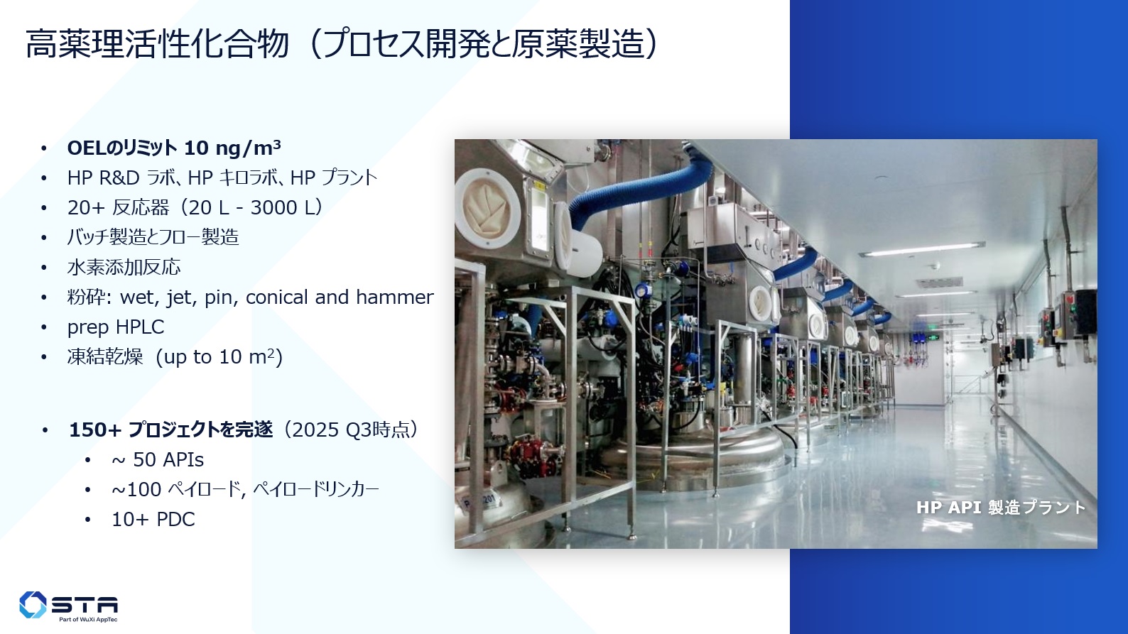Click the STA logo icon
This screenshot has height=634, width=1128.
click(33, 604)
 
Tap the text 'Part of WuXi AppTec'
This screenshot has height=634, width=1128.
click(88, 619)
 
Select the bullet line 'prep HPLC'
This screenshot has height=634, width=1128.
click(116, 327)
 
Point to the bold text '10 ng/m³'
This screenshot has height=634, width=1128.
click(232, 148)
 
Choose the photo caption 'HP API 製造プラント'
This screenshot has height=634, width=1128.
click(1000, 507)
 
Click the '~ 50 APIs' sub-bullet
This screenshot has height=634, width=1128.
click(158, 459)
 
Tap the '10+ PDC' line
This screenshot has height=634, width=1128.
click(153, 519)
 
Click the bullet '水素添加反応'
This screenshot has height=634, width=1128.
click(124, 267)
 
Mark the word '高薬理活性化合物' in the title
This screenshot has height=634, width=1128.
click(157, 44)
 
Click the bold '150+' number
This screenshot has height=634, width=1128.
click(95, 430)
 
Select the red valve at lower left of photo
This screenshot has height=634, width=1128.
click(528, 455)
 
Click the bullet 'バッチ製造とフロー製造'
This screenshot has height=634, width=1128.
click(153, 237)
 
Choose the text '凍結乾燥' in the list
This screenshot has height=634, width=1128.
click(105, 356)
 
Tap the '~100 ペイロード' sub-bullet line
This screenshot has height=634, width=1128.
click(245, 489)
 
